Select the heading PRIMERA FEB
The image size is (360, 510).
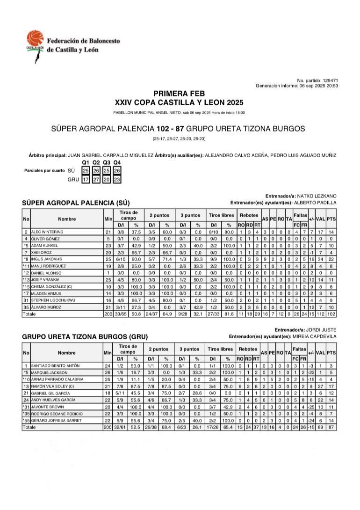[x=179, y=94]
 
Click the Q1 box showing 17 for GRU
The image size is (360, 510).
[x=86, y=179]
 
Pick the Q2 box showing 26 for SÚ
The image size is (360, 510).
[x=96, y=171]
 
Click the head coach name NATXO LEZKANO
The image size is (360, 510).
[x=320, y=196]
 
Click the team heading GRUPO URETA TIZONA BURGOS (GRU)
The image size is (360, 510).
[x=85, y=336]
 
